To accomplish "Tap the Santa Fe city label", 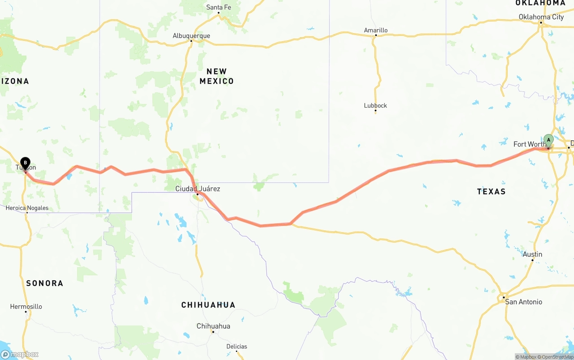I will click(218, 7).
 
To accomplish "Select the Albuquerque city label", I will click(191, 36).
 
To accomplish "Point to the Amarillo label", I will click(376, 30).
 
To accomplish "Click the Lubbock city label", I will click(375, 106).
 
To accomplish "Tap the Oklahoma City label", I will click(541, 17).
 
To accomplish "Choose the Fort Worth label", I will click(529, 144).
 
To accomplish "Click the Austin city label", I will click(532, 254).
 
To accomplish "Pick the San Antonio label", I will click(523, 302).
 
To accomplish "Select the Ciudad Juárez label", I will click(197, 189).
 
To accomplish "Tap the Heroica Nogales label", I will click(27, 208).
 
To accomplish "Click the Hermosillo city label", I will click(26, 307).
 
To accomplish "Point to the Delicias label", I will click(236, 346).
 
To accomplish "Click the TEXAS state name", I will click(491, 191).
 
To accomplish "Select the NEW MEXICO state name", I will click(217, 76).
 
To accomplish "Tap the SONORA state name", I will click(44, 283).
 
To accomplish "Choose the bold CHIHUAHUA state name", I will click(208, 305).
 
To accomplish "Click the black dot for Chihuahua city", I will click(213, 332).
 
